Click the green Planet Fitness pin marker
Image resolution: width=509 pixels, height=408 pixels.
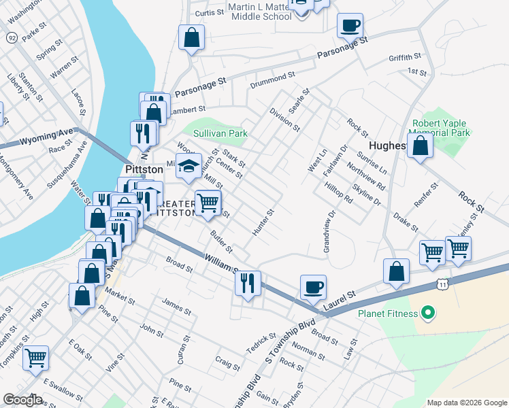pyautogui.click(x=427, y=313)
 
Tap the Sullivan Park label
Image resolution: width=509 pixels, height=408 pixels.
pyautogui.click(x=220, y=134)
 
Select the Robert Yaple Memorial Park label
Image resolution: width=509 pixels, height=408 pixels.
pyautogui.click(x=440, y=129)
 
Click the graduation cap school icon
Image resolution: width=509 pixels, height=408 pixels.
pyautogui.click(x=189, y=165)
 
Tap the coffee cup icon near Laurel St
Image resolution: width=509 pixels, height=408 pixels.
pyautogui.click(x=313, y=286)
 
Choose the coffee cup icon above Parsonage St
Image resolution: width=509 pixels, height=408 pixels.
pyautogui.click(x=350, y=25)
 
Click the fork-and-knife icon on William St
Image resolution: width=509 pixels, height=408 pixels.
pyautogui.click(x=248, y=281)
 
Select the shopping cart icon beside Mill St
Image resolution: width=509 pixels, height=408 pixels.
pyautogui.click(x=208, y=201)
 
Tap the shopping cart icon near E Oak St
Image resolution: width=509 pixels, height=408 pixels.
pyautogui.click(x=35, y=357)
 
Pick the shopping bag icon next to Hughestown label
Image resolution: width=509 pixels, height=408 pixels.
pyautogui.click(x=421, y=145)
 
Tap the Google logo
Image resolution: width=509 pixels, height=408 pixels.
pyautogui.click(x=23, y=399)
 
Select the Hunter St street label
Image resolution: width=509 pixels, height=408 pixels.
pyautogui.click(x=263, y=222)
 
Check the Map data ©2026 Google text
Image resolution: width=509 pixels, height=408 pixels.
pyautogui.click(x=466, y=402)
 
